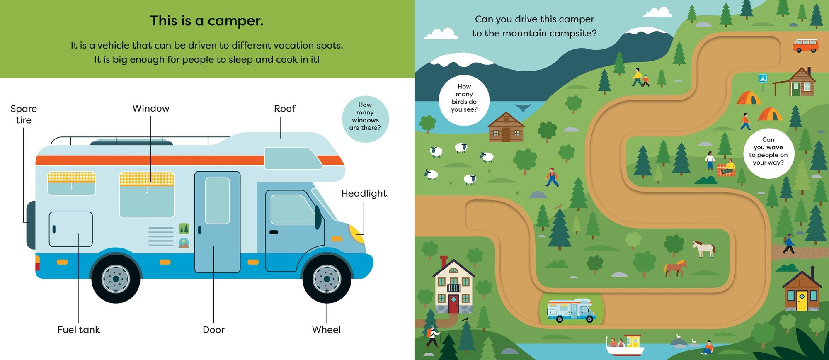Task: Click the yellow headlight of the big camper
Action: [x=357, y=234]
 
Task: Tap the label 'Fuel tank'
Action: [x=79, y=330]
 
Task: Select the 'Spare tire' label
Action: [x=24, y=114]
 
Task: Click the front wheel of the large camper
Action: [x=327, y=279]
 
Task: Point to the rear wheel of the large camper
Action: [x=116, y=279]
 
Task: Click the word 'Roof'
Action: [x=285, y=109]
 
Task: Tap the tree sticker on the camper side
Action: [x=184, y=228]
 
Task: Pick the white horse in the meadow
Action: [x=704, y=248]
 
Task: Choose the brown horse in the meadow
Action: [x=675, y=268]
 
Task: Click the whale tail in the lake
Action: [x=523, y=107]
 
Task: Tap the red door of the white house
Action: [x=453, y=304]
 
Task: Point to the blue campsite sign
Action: [x=763, y=78]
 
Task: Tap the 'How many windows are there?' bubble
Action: [x=365, y=119]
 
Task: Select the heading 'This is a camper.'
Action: [x=207, y=21]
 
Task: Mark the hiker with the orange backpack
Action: [x=432, y=336]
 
